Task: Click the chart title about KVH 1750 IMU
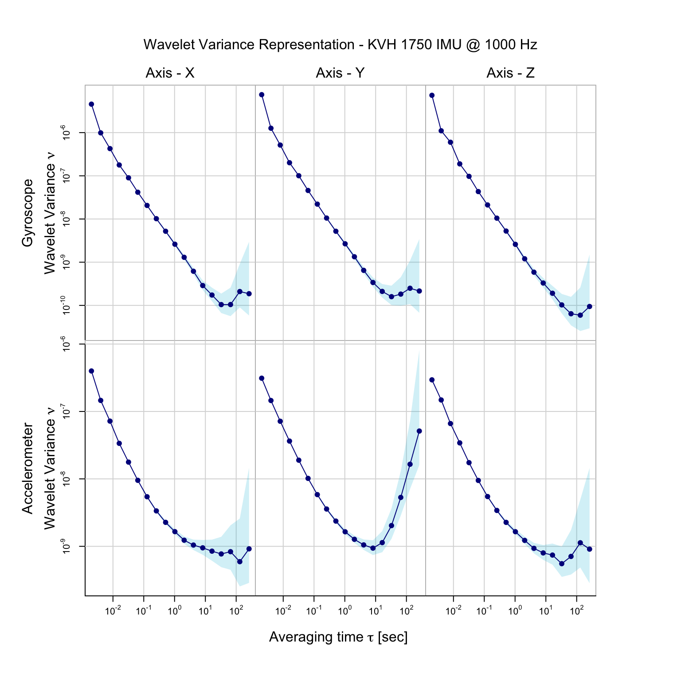(340, 45)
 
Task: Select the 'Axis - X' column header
(170, 73)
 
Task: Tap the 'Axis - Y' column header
(340, 73)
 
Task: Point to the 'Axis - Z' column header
(510, 73)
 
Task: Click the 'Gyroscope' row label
(27, 212)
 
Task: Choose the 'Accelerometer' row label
(27, 468)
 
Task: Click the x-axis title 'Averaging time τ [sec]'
(338, 637)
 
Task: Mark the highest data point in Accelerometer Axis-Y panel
(262, 378)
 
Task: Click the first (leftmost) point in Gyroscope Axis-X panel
(91, 104)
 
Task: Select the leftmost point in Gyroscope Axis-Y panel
(262, 94)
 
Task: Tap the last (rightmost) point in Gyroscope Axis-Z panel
(590, 306)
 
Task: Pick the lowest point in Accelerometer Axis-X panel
(240, 562)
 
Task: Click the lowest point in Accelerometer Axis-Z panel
(562, 564)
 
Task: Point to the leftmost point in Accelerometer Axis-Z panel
(432, 380)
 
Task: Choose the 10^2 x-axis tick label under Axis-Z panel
(576, 611)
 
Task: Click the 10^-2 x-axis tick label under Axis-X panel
(113, 611)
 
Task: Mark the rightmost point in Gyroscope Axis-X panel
(249, 294)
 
